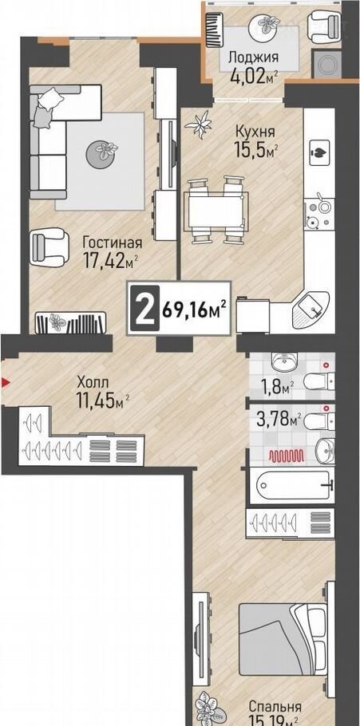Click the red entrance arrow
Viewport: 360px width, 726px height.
pos(6,382)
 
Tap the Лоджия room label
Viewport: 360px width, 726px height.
pos(253,57)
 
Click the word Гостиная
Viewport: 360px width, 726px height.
pos(112,243)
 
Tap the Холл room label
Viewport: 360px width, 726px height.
pos(93,383)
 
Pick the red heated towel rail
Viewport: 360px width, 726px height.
pos(287,456)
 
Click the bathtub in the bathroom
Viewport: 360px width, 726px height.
pos(294,485)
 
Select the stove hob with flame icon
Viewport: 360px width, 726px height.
pos(319,150)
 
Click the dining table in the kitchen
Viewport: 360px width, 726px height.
pos(216,211)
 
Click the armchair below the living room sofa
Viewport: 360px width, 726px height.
pos(49,249)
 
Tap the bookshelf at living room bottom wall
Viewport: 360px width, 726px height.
pos(71,322)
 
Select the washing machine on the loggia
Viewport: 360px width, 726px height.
pos(326,64)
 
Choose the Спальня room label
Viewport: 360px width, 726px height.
pos(275,707)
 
